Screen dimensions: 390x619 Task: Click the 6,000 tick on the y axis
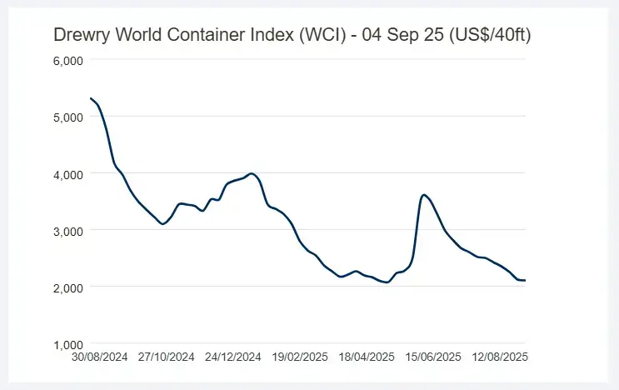click(67, 61)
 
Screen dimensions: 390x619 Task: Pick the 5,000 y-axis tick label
click(67, 117)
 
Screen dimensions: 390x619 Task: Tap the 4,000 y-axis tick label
click(67, 174)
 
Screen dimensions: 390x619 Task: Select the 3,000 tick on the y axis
click(67, 231)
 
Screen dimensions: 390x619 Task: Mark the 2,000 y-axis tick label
click(67, 287)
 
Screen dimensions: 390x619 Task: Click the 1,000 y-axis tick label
click(67, 344)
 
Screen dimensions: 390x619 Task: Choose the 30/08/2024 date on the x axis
click(100, 357)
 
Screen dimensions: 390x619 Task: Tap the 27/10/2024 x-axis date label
click(167, 357)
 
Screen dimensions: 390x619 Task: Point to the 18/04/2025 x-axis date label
click(367, 357)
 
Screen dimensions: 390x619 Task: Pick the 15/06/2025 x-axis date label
click(433, 357)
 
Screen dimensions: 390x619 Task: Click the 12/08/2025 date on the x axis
click(499, 357)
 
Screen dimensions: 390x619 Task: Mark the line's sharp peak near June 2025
click(425, 195)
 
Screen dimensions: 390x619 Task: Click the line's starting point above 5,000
click(90, 99)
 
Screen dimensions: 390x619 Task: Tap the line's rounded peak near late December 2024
click(252, 173)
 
